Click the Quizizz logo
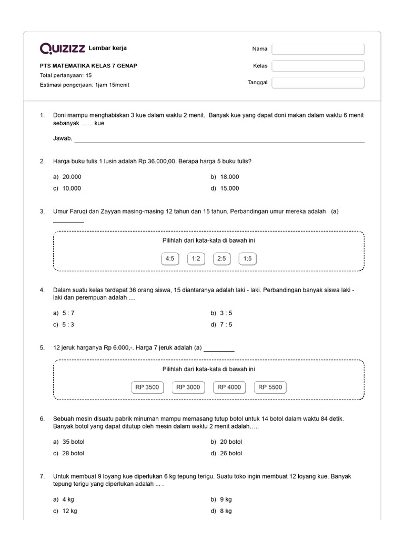pyautogui.click(x=63, y=49)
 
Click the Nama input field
pyautogui.click(x=318, y=49)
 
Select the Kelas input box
pyautogui.click(x=318, y=66)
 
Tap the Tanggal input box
pyautogui.click(x=318, y=83)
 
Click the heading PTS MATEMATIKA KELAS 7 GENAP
pyautogui.click(x=89, y=66)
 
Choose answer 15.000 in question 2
pyautogui.click(x=229, y=188)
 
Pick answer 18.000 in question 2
pyautogui.click(x=229, y=177)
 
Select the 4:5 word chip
pyautogui.click(x=170, y=258)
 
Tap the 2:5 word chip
pyautogui.click(x=221, y=258)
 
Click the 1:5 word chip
pyautogui.click(x=248, y=258)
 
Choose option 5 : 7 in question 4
pyautogui.click(x=68, y=313)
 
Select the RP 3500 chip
pyautogui.click(x=147, y=387)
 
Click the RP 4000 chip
pyautogui.click(x=229, y=387)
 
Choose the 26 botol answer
pyautogui.click(x=231, y=453)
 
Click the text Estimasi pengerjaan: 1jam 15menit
pyautogui.click(x=85, y=85)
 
